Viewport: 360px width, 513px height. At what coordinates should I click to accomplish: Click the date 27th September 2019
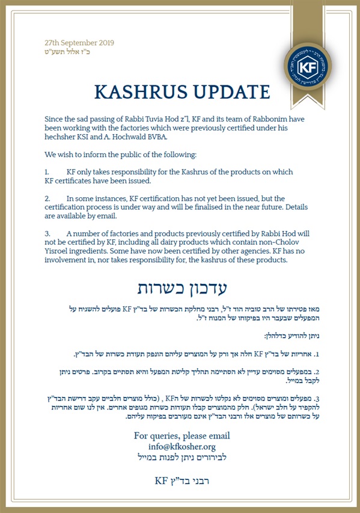point(79,43)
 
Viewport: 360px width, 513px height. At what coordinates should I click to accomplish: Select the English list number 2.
point(48,198)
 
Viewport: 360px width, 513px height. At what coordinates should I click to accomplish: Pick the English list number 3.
point(48,233)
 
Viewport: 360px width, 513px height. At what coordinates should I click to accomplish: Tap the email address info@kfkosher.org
point(182,446)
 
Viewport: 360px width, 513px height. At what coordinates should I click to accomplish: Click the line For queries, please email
point(182,435)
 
